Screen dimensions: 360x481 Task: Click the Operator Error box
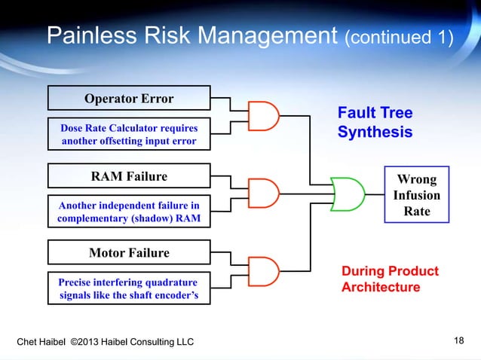click(x=129, y=99)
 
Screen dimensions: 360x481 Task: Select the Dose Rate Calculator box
click(x=129, y=134)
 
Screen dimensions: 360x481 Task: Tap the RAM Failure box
click(x=129, y=177)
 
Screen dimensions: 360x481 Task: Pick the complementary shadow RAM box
click(x=129, y=213)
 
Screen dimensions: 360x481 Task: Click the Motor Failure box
click(x=129, y=252)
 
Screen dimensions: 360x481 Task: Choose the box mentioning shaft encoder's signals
click(x=129, y=288)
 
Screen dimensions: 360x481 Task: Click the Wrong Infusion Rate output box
click(x=417, y=195)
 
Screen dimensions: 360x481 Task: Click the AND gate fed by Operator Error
click(x=264, y=116)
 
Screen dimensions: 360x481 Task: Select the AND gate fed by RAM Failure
click(x=264, y=194)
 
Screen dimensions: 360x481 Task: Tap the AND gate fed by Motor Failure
click(x=264, y=270)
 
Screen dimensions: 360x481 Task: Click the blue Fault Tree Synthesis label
click(x=375, y=123)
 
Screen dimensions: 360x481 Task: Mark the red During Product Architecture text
click(x=389, y=279)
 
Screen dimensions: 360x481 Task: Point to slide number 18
click(x=458, y=342)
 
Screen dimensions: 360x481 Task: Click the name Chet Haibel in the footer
click(x=41, y=343)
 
